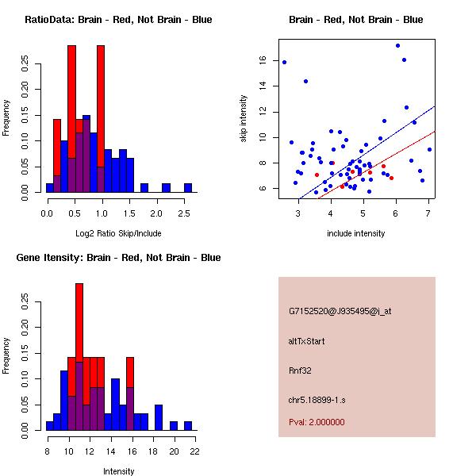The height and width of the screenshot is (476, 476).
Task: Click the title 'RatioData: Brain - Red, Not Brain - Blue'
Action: pos(119,20)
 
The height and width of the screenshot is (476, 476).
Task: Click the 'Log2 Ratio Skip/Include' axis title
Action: pos(119,233)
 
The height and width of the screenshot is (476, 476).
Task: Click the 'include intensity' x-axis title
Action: pos(356,233)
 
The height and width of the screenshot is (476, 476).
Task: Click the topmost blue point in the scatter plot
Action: pos(397,45)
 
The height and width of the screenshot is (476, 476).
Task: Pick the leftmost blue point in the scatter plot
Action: pos(284,62)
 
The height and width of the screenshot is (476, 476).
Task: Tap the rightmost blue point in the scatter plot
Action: pos(429,149)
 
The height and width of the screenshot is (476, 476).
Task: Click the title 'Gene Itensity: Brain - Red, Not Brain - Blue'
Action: pos(119,258)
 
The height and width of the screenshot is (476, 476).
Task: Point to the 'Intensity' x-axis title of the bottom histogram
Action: pos(119,471)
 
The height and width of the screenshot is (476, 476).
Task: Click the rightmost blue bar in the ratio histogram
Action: pos(188,188)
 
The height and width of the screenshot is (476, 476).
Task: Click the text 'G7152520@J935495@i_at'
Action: pos(340,311)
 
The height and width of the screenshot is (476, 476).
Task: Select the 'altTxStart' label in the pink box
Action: pos(306,341)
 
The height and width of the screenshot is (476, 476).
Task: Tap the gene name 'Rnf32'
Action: pos(301,370)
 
